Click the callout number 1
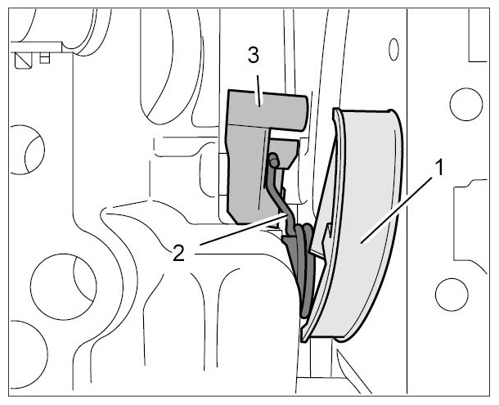click(438, 168)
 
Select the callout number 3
click(254, 56)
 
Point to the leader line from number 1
click(396, 210)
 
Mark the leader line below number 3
click(258, 91)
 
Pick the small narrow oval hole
click(394, 49)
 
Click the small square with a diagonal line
click(24, 61)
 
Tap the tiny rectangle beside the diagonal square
click(44, 58)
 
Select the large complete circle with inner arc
click(63, 286)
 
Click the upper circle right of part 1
click(466, 105)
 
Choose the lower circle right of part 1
click(452, 295)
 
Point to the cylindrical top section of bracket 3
click(268, 110)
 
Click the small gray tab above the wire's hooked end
click(285, 152)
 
